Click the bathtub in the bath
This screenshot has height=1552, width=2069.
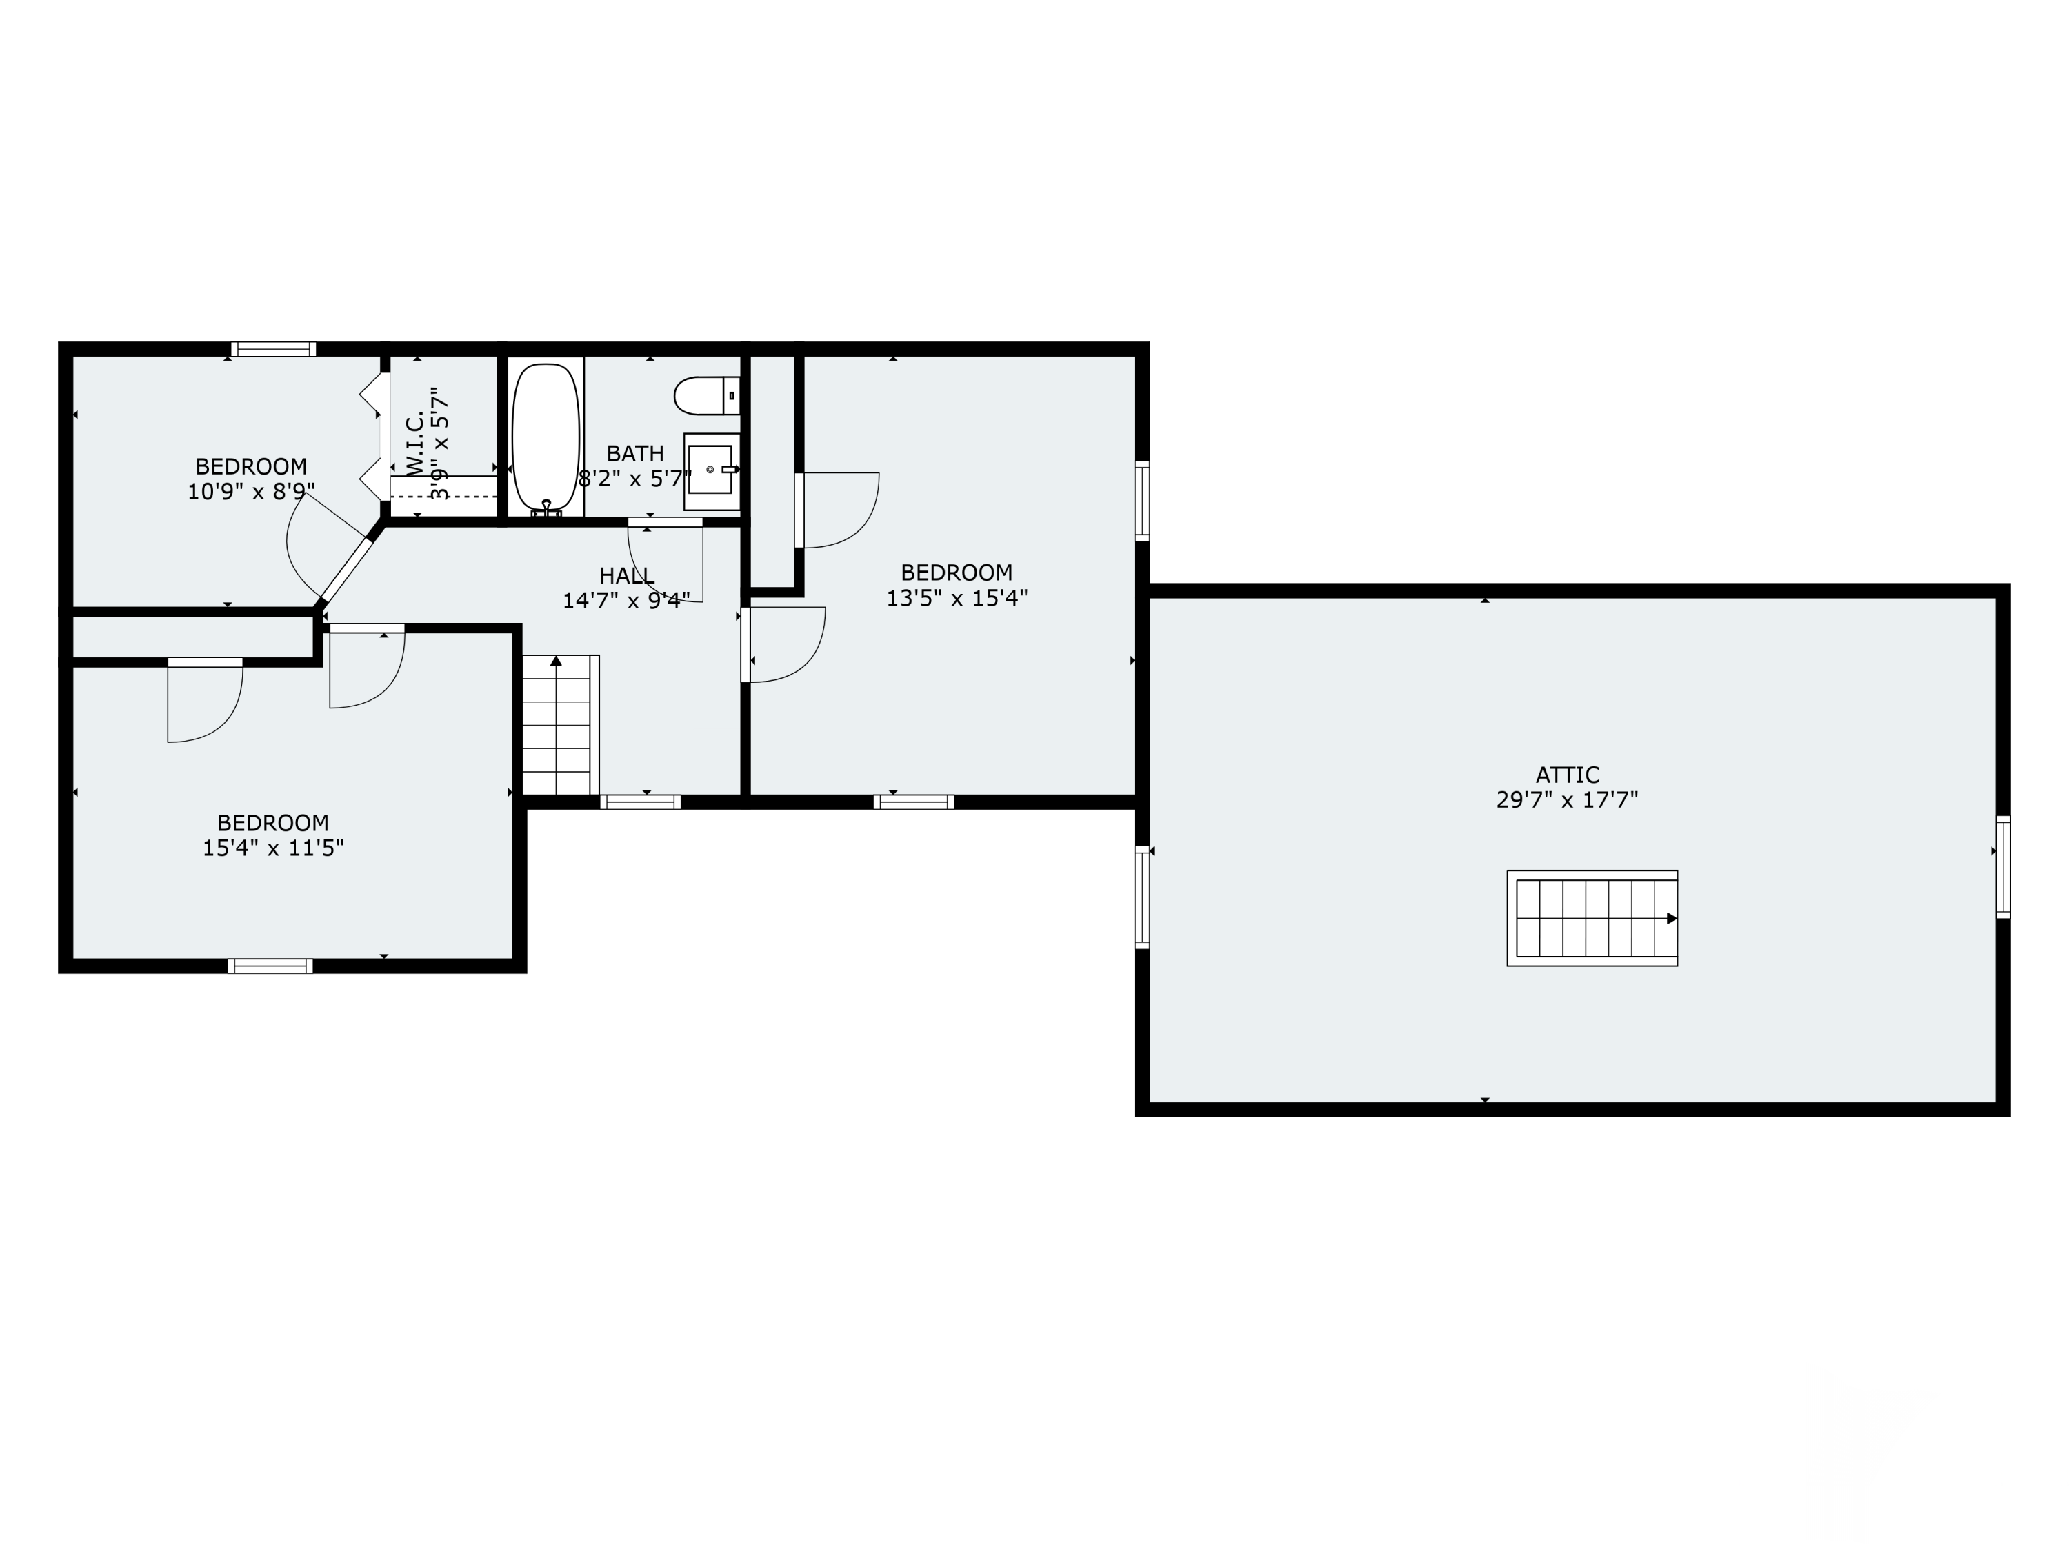coord(546,437)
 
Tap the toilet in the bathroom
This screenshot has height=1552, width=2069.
coord(707,396)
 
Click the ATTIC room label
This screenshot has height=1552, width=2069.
coord(1568,775)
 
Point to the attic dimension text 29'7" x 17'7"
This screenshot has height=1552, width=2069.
coord(1568,800)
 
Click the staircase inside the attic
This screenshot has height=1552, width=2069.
coord(1592,917)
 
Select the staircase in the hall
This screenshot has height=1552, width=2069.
coord(560,725)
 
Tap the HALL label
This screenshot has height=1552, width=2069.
coord(627,575)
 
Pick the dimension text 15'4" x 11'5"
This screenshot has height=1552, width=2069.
coord(273,848)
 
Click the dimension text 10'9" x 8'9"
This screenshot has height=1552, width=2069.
coord(252,491)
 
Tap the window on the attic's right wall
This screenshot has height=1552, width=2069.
coord(2003,866)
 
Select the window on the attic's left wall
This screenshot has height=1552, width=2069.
coord(1142,897)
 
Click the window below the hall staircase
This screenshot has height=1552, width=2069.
coord(640,802)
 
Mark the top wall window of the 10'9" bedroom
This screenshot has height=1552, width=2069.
coord(274,349)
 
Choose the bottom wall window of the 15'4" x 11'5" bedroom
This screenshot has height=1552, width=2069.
coord(270,966)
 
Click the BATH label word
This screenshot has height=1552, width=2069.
coord(635,454)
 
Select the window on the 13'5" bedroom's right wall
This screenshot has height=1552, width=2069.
coord(1142,501)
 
